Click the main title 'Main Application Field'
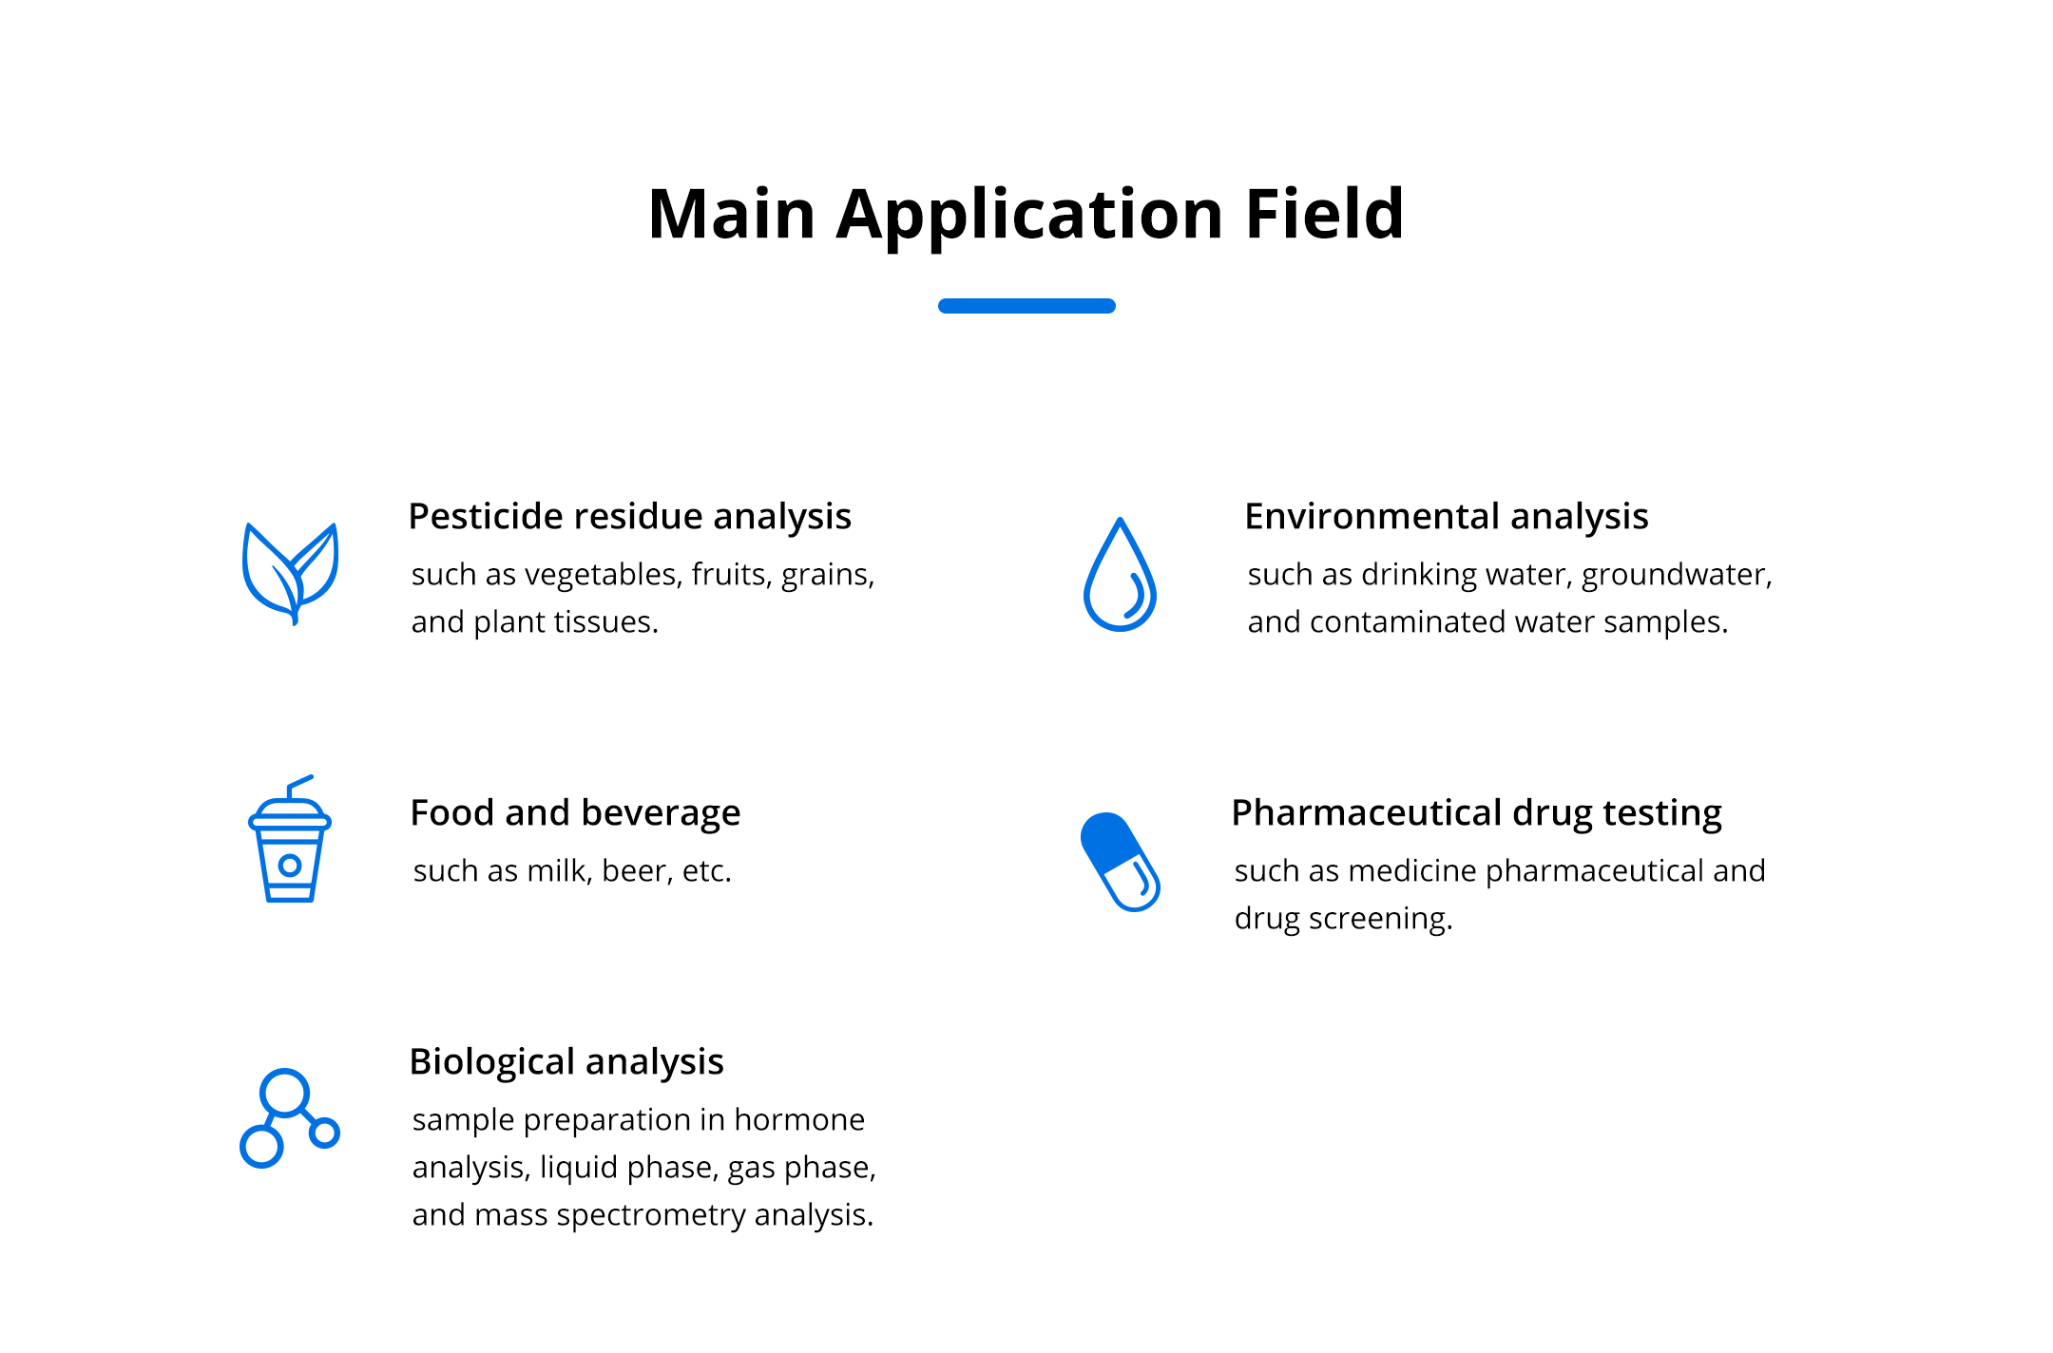point(1026,216)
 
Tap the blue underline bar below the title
point(1026,306)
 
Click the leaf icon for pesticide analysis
point(291,574)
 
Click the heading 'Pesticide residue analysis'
point(629,517)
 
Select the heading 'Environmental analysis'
point(1446,517)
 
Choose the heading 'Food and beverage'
point(575,813)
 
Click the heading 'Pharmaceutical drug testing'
point(1476,814)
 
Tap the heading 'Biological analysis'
point(566,1062)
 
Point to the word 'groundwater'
point(1677,576)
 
